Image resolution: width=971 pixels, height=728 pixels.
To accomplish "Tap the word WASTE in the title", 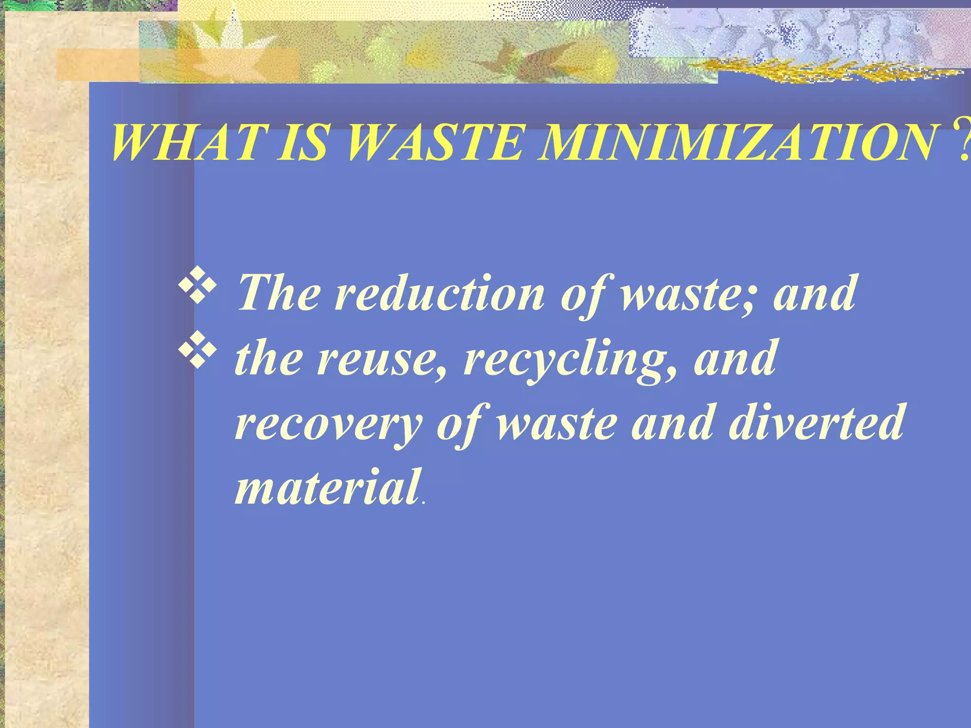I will pos(433,143).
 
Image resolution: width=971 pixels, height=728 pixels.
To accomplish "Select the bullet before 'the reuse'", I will pos(198,354).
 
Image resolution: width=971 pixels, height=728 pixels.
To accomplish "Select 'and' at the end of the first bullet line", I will pos(815,293).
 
